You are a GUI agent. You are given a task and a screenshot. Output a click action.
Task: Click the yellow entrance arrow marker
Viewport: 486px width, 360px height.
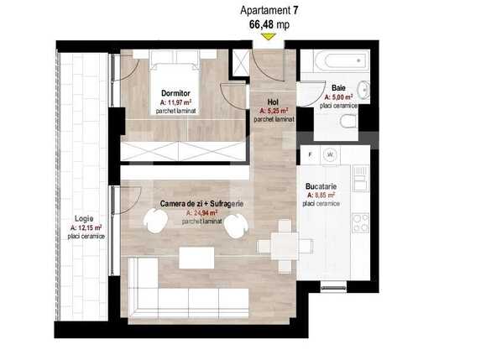click(x=268, y=36)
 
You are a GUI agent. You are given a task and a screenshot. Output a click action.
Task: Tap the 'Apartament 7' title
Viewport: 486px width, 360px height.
click(x=268, y=10)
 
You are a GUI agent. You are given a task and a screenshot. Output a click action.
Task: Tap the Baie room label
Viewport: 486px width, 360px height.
click(x=337, y=87)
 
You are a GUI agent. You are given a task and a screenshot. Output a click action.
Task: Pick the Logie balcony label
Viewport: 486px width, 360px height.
click(x=83, y=217)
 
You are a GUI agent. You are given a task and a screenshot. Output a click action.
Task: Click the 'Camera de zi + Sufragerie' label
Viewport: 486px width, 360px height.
click(x=202, y=203)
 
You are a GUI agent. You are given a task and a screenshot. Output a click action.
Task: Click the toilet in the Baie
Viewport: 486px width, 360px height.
click(x=347, y=122)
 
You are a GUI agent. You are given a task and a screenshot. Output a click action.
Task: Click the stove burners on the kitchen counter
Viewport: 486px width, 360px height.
click(x=360, y=222)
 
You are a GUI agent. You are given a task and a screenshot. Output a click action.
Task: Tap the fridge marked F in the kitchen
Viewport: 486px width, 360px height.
click(x=311, y=155)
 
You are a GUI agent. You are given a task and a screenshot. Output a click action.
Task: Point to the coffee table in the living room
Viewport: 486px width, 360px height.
click(x=197, y=257)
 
